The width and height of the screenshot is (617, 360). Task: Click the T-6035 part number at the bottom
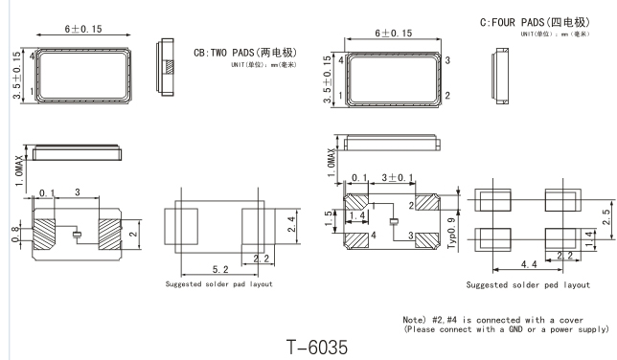pyautogui.click(x=317, y=347)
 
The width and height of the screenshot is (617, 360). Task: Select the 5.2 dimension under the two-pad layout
pyautogui.click(x=220, y=269)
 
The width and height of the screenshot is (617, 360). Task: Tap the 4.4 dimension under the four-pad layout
pyautogui.click(x=529, y=264)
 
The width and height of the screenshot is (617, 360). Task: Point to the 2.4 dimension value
pyautogui.click(x=291, y=224)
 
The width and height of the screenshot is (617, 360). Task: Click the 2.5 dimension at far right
pyautogui.click(x=606, y=216)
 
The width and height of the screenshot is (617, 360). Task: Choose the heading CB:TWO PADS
pyautogui.click(x=224, y=53)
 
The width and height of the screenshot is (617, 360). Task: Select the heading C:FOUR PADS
pyautogui.click(x=512, y=22)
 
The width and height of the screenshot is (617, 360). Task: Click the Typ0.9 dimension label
pyautogui.click(x=451, y=233)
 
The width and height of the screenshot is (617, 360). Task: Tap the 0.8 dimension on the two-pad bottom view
pyautogui.click(x=15, y=235)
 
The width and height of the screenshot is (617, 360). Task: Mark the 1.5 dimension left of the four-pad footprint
pyautogui.click(x=329, y=218)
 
